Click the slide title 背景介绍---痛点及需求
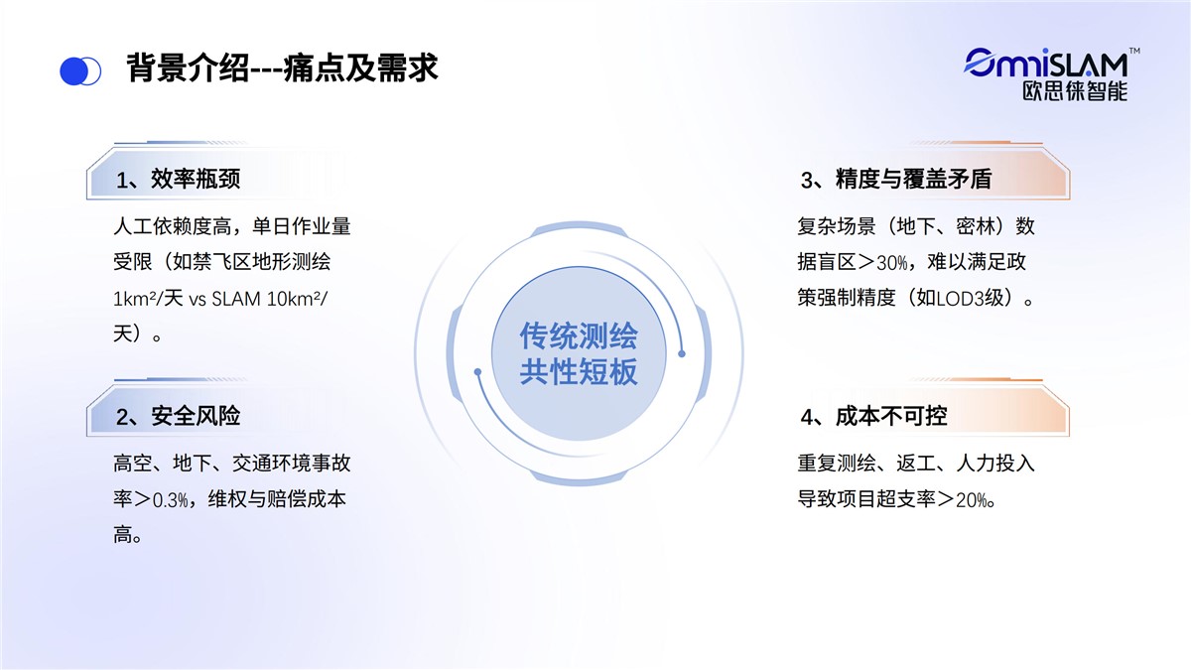pyautogui.click(x=282, y=68)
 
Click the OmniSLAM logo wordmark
pyautogui.click(x=1045, y=64)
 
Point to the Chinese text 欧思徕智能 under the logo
pyautogui.click(x=1075, y=91)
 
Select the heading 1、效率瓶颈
pyautogui.click(x=178, y=180)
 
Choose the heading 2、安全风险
pyautogui.click(x=178, y=416)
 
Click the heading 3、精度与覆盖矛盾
pyautogui.click(x=896, y=180)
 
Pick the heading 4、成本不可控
pyautogui.click(x=873, y=416)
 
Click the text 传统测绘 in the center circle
pyautogui.click(x=579, y=336)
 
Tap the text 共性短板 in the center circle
pyautogui.click(x=579, y=371)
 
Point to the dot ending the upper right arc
pyautogui.click(x=682, y=353)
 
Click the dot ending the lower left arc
pyautogui.click(x=477, y=371)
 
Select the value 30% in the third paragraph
pyautogui.click(x=891, y=263)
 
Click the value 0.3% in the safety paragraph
pyautogui.click(x=170, y=500)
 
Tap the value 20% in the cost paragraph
pyautogui.click(x=972, y=500)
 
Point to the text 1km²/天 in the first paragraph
pyautogui.click(x=148, y=299)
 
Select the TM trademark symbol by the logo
pyautogui.click(x=1134, y=51)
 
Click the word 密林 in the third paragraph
pyautogui.click(x=976, y=226)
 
